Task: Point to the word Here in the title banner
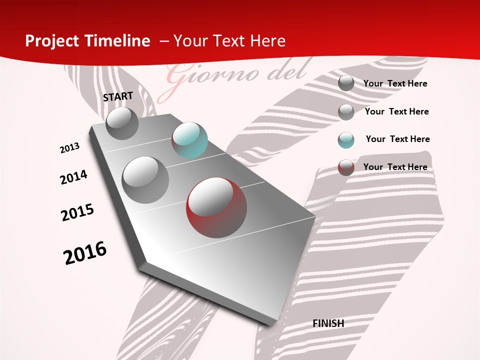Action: tap(267, 41)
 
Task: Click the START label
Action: tap(118, 96)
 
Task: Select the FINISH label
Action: tap(328, 323)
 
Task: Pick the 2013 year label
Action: tap(69, 147)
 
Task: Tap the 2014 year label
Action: tap(73, 177)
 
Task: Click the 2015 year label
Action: tap(77, 212)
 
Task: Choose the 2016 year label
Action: tap(85, 253)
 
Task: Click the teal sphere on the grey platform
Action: tap(189, 140)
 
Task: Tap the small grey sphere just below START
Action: tap(122, 123)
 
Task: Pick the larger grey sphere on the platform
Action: tap(145, 179)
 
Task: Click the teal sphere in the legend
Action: tap(346, 139)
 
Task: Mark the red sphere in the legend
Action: tap(346, 167)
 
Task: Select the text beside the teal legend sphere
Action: tap(397, 139)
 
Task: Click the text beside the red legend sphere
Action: tap(395, 167)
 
